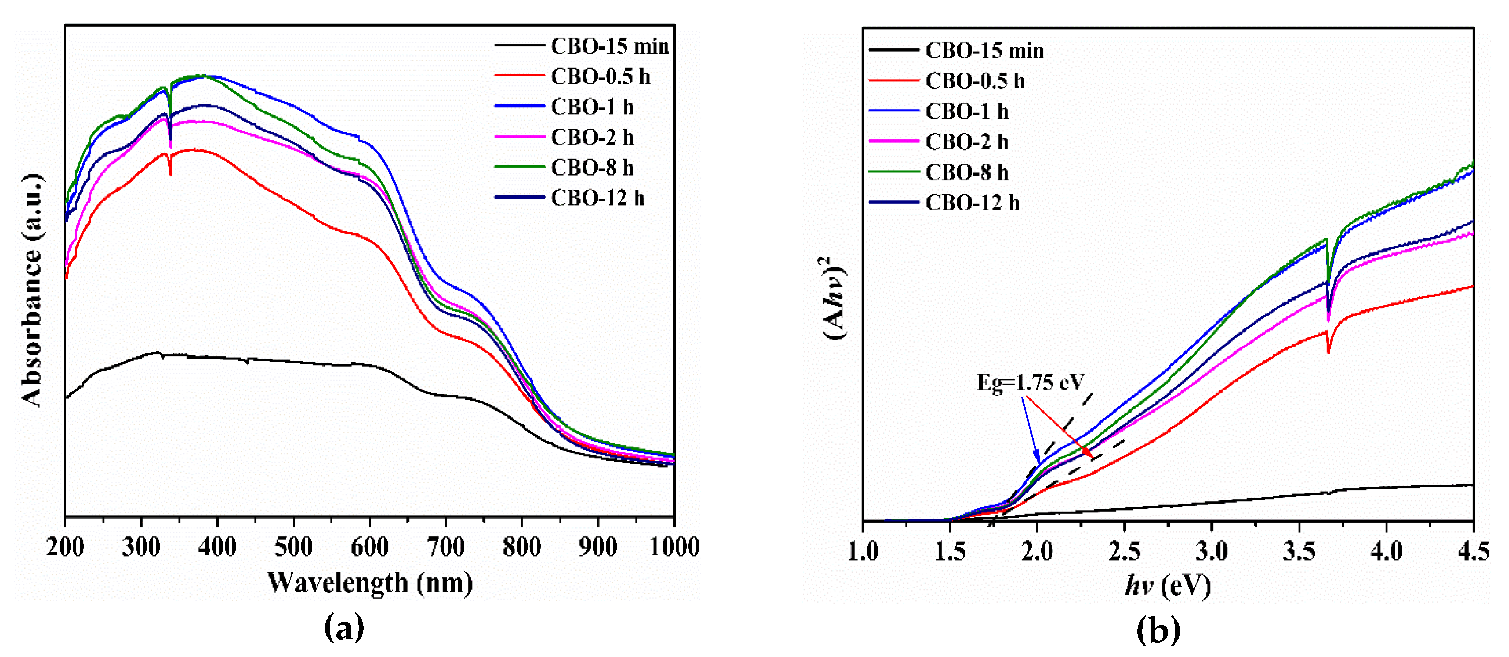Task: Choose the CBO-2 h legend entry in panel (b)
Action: click(x=967, y=142)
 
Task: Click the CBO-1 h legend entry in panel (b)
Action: click(x=967, y=111)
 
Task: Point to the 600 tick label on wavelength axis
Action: click(x=369, y=547)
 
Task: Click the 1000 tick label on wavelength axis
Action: click(x=674, y=547)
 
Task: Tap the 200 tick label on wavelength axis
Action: click(x=65, y=547)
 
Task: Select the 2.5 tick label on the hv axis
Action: click(x=1124, y=551)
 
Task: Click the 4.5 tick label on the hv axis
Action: click(x=1472, y=551)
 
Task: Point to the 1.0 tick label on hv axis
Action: click(x=863, y=551)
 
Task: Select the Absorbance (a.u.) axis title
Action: click(x=32, y=290)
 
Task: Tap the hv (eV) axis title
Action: click(x=1167, y=585)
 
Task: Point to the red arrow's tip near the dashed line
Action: click(x=1091, y=457)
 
